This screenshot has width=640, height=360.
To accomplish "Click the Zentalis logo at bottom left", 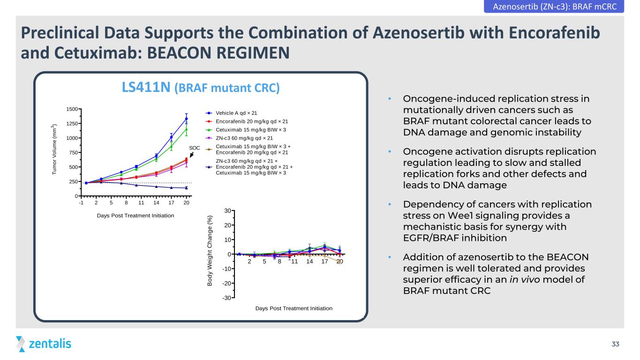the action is coord(44,344).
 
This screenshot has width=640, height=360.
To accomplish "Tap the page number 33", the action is coord(615,344).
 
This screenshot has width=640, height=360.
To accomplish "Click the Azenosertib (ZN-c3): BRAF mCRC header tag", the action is coord(554,6).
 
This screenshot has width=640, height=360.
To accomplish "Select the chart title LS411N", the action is coord(146,87).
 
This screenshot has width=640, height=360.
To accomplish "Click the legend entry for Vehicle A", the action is coord(231,113).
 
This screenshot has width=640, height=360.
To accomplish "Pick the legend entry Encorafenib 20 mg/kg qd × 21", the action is coord(247,121).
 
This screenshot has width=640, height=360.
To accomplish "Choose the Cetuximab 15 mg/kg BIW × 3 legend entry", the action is coord(246,130).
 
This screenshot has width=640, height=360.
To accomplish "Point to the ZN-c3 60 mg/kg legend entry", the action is coord(239,138).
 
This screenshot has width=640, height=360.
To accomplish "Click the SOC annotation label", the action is coord(194,148).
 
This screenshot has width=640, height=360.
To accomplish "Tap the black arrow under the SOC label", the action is coord(192,155).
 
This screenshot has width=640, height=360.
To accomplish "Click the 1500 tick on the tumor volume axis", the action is coord(72,109).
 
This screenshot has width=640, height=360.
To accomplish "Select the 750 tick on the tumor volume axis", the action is coord(73,152).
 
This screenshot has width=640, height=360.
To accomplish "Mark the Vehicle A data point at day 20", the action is coord(187,119).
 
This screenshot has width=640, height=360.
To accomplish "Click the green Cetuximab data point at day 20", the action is coord(187,129).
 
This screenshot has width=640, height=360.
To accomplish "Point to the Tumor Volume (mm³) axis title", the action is coord(54,150).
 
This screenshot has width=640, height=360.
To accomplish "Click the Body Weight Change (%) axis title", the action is coord(210,251).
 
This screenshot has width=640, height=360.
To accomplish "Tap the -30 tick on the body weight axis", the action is coord(226,298).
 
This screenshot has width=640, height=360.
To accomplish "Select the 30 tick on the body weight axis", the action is coord(227,211).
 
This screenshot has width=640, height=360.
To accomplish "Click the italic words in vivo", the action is coord(525,279).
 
